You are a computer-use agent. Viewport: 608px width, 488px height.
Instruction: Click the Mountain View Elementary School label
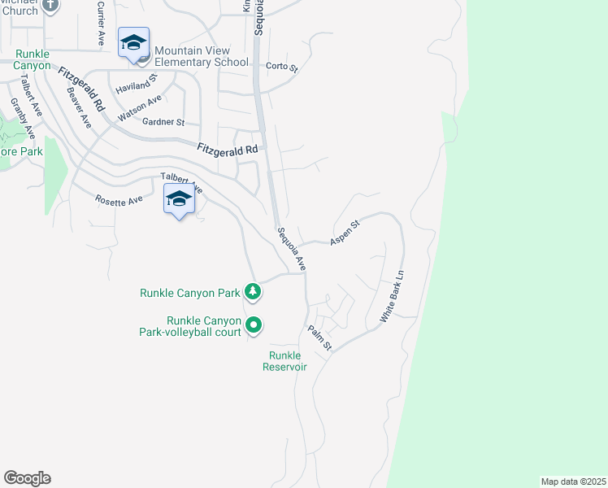coord(202,55)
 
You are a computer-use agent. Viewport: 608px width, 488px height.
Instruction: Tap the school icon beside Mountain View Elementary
coord(133,42)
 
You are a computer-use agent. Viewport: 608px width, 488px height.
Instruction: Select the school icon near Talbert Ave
coord(179,199)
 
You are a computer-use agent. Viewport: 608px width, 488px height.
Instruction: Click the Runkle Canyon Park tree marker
coord(254,291)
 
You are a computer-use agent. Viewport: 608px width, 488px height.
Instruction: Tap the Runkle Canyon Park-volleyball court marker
coord(254,325)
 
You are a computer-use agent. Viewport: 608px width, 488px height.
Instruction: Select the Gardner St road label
coord(163,122)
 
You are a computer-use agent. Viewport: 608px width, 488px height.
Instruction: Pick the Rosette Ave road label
coord(119,199)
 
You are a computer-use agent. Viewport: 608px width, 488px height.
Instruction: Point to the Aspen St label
coord(345,232)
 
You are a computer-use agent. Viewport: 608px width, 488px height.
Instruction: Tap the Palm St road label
coord(319,338)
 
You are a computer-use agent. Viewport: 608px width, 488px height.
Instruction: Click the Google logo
coord(27,478)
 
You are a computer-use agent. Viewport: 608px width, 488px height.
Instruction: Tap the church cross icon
coord(50,5)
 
